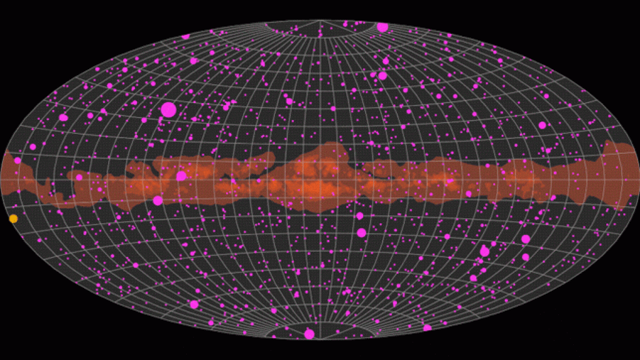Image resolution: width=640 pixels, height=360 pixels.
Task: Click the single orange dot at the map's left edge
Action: pyautogui.click(x=13, y=219)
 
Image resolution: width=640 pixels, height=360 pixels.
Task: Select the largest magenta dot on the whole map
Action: pyautogui.click(x=168, y=110)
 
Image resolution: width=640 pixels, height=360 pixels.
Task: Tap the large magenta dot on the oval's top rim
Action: pyautogui.click(x=382, y=27)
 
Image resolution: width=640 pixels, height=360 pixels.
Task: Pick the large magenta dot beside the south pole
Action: pyautogui.click(x=309, y=334)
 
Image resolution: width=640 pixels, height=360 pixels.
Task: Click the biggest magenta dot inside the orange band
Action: pyautogui.click(x=181, y=176)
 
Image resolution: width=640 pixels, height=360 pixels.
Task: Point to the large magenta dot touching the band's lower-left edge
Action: pyautogui.click(x=157, y=201)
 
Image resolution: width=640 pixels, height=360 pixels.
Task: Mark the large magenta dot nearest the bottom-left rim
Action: pyautogui.click(x=194, y=304)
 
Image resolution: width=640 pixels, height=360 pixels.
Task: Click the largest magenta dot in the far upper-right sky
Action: pyautogui.click(x=542, y=125)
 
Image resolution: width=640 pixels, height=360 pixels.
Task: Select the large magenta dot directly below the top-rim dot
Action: pyautogui.click(x=382, y=76)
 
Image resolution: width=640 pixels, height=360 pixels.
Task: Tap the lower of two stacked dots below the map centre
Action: pyautogui.click(x=361, y=232)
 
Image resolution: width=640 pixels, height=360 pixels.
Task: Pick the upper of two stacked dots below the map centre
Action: pyautogui.click(x=360, y=216)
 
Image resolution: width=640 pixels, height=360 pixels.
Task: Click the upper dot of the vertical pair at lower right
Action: pyautogui.click(x=526, y=239)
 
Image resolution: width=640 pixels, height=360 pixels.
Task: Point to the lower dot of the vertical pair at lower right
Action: pyautogui.click(x=526, y=257)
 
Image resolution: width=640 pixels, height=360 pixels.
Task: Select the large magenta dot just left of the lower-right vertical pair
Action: pyautogui.click(x=484, y=251)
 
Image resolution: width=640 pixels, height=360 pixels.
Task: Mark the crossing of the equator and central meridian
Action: pyautogui.click(x=320, y=180)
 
